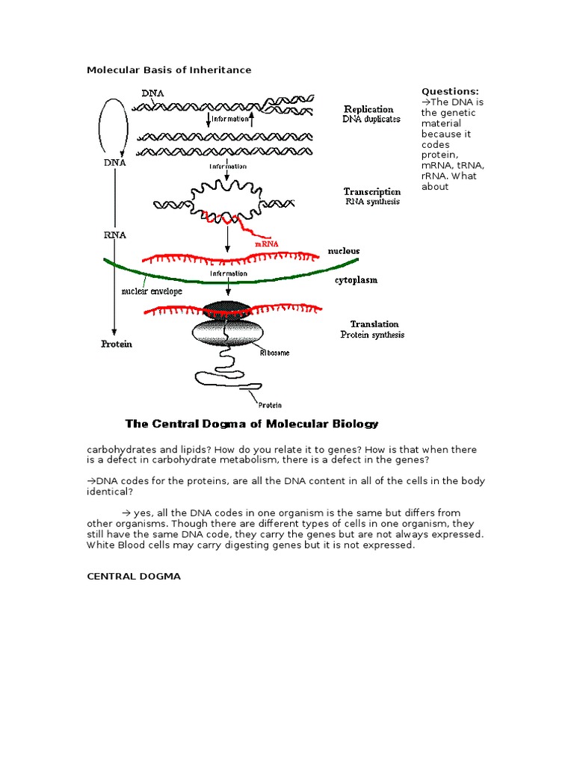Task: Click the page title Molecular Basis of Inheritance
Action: [169, 70]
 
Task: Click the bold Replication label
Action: [368, 109]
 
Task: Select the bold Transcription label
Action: [371, 192]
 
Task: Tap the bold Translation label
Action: [374, 324]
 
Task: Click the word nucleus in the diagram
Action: [343, 251]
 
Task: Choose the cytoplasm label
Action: [355, 280]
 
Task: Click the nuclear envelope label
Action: [152, 291]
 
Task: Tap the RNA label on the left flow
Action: [114, 234]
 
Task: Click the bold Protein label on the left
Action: [117, 344]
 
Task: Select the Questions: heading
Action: [450, 91]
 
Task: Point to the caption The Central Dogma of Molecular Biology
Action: [252, 424]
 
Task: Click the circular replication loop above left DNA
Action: [114, 124]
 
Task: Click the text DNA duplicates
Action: [371, 120]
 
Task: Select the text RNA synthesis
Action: [371, 202]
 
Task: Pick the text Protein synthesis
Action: [372, 335]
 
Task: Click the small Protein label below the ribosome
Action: [270, 405]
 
